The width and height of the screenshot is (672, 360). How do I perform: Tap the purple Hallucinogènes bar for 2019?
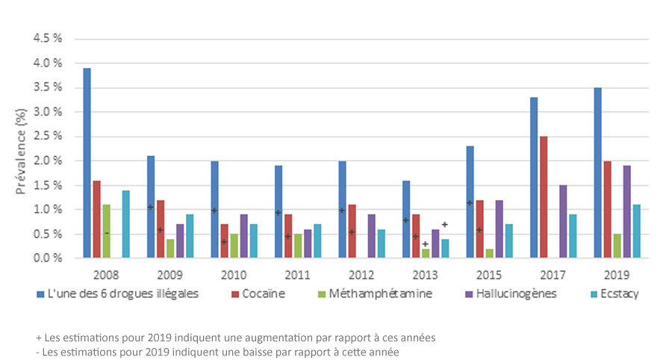click(x=627, y=211)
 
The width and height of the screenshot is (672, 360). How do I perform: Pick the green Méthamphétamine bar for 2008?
click(x=106, y=231)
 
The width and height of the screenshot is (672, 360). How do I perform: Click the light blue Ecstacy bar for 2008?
click(x=125, y=224)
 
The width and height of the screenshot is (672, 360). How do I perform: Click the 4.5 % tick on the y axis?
click(x=46, y=39)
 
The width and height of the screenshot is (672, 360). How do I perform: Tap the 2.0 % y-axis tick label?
click(x=46, y=161)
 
